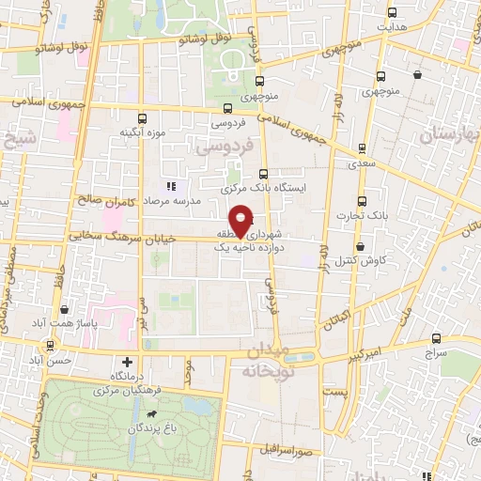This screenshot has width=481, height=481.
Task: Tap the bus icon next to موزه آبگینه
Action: (142, 118)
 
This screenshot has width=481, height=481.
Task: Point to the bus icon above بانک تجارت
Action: (362, 200)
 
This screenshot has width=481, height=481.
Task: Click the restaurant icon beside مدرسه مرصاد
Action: (171, 188)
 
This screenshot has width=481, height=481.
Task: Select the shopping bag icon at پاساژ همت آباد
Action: (63, 308)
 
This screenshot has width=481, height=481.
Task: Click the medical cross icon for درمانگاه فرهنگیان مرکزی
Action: (128, 362)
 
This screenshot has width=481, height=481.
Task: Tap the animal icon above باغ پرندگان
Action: (149, 414)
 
